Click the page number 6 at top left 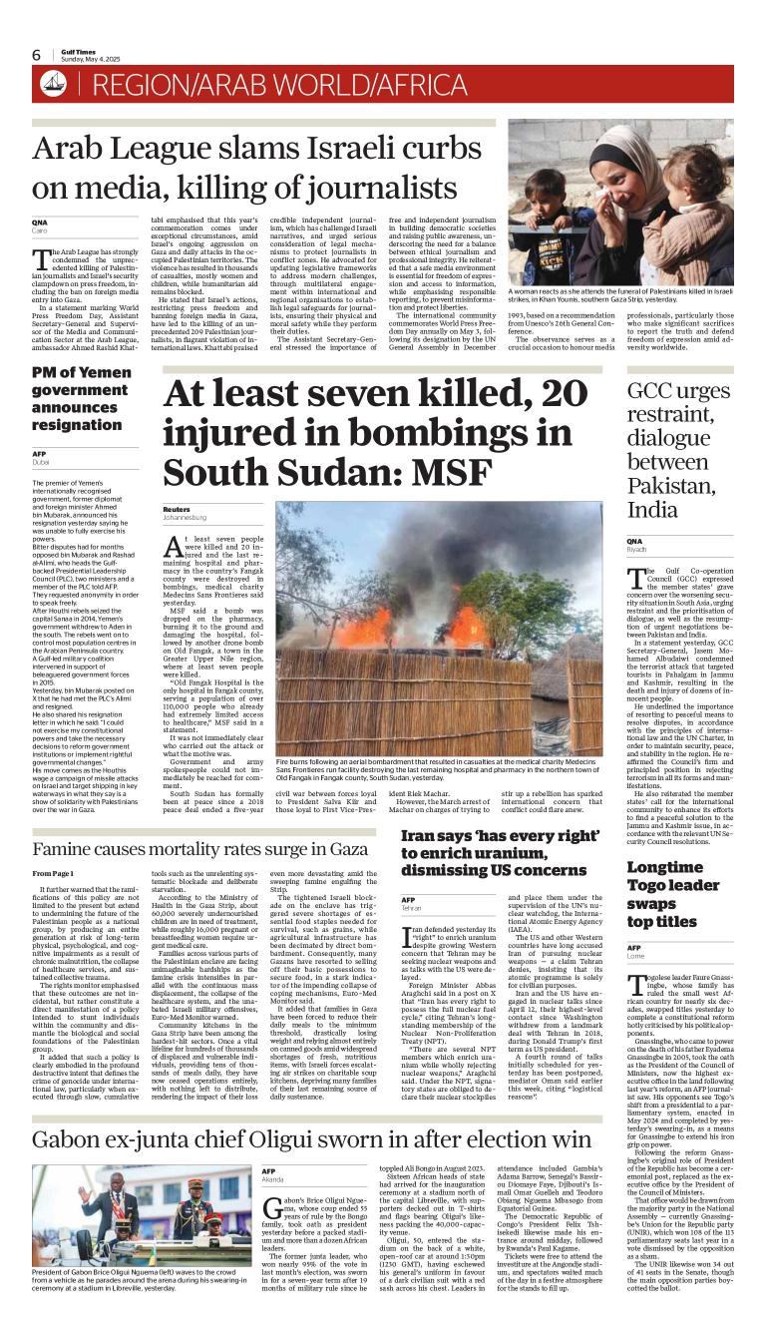[x=36, y=55]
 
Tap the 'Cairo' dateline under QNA [x=40, y=229]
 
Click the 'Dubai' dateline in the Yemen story [x=41, y=463]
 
